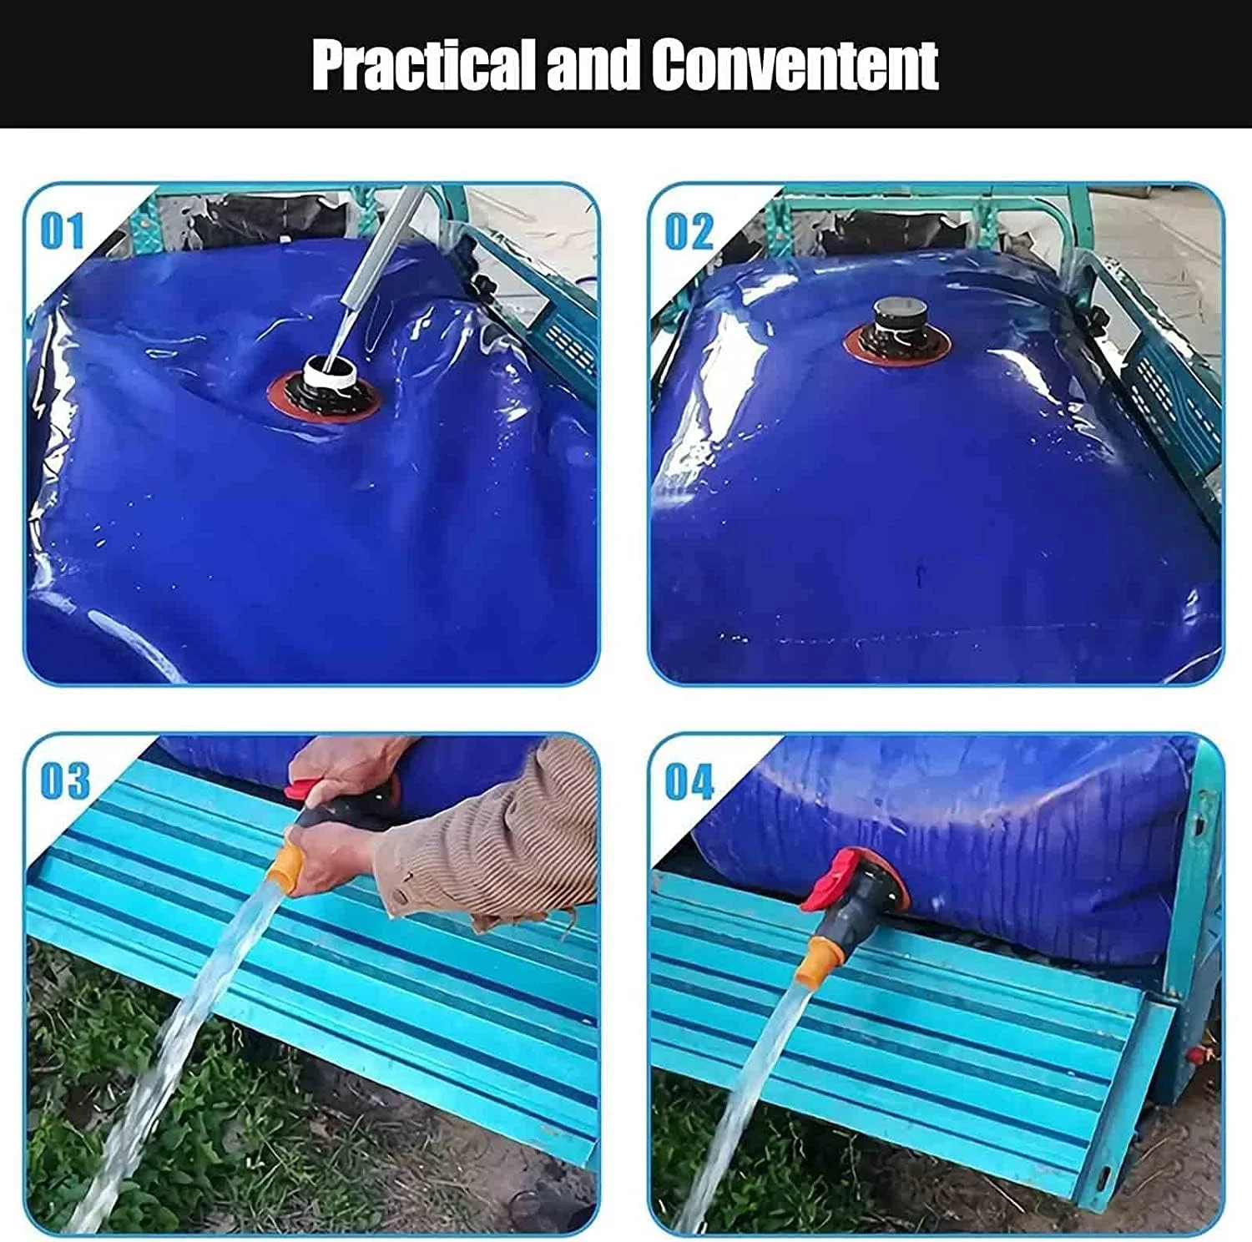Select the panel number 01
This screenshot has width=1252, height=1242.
(x=63, y=230)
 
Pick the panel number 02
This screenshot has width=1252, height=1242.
(x=689, y=230)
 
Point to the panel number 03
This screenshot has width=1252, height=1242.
(x=65, y=780)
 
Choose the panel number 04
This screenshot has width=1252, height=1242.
(x=689, y=781)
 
